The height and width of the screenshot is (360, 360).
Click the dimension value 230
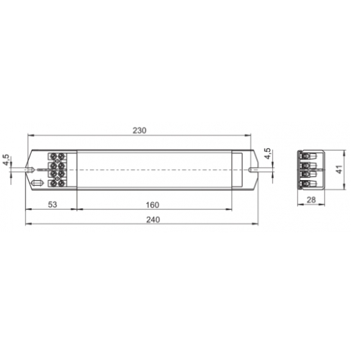[x=139, y=130]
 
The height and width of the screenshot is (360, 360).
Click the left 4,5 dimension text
[x=6, y=160]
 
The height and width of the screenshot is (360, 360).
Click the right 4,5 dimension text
[x=267, y=155]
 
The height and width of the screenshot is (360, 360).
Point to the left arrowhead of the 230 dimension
[x=30, y=136]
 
